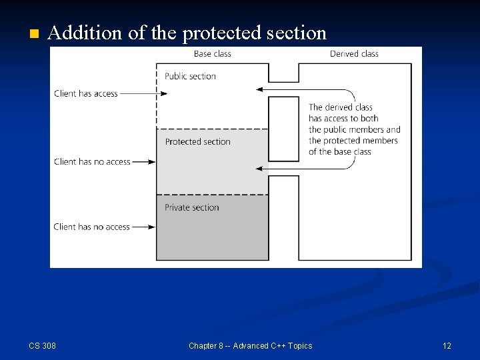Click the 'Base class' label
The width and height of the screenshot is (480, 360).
[x=212, y=53]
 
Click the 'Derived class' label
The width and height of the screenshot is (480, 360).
[x=353, y=53]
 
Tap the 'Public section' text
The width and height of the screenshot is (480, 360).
[x=190, y=76]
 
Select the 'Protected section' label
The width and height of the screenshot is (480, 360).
[x=197, y=141]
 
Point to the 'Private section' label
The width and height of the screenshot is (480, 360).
[x=191, y=207]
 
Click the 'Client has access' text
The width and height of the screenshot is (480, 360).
[x=85, y=94]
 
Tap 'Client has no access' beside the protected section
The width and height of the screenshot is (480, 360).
[x=92, y=161]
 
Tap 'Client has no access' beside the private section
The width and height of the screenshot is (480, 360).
[x=91, y=227]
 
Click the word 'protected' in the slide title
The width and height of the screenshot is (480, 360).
[x=215, y=33]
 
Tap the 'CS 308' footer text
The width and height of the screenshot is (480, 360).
[x=42, y=345]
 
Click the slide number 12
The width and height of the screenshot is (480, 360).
[x=447, y=345]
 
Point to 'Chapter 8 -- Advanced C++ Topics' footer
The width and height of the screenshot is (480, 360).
[x=250, y=345]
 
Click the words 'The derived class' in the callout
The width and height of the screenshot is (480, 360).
[x=340, y=107]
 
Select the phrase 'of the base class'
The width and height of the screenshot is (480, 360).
[x=339, y=152]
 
